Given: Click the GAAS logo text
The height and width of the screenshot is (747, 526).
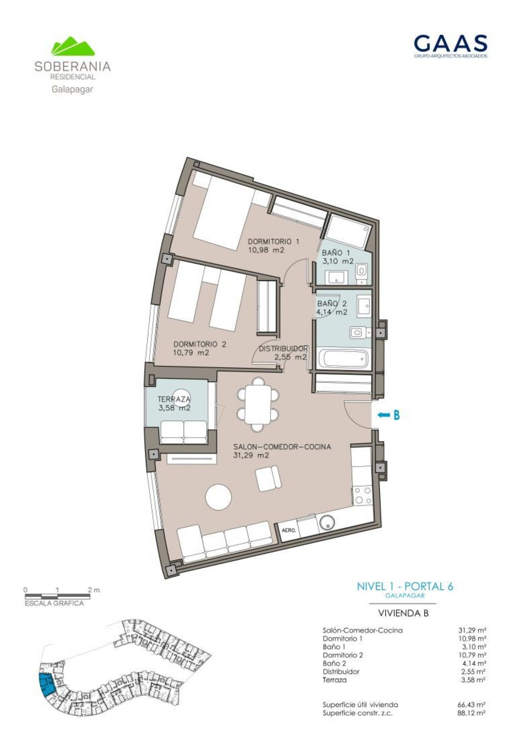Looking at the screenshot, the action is [x=450, y=43].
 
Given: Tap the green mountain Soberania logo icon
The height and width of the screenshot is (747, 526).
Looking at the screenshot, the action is [x=73, y=46].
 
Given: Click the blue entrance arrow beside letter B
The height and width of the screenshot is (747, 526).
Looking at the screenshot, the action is [x=384, y=415].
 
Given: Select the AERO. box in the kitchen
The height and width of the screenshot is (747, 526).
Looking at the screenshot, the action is [x=289, y=530].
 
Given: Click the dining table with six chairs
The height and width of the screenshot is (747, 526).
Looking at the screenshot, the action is [x=258, y=404].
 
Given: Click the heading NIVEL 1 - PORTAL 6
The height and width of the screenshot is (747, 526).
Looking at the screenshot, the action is [x=405, y=586].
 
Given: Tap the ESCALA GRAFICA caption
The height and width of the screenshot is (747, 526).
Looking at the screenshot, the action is [x=54, y=603].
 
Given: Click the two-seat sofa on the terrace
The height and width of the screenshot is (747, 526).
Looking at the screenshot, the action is [x=183, y=432].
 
